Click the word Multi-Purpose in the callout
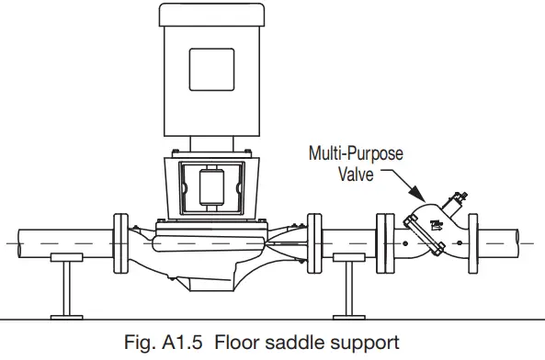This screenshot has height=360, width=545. pyautogui.click(x=355, y=153)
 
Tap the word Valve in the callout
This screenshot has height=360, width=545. pyautogui.click(x=354, y=173)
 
